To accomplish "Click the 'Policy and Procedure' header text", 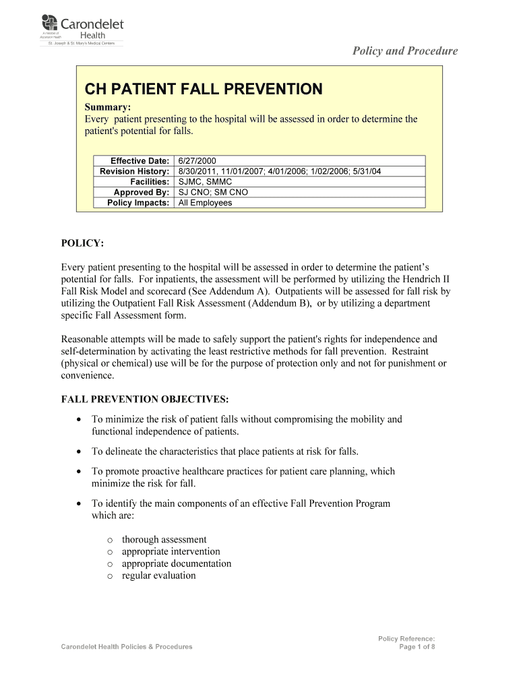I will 406,51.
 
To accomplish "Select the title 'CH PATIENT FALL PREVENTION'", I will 203,89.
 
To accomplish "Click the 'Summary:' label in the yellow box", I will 107,107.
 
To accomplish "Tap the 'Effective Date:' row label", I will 140,161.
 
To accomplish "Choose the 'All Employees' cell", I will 205,203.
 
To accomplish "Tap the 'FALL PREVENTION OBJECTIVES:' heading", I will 145,399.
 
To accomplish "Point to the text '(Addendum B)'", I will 280,303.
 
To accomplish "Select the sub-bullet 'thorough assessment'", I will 164,539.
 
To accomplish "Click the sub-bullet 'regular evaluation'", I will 158,575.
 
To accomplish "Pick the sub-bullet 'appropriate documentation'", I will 176,563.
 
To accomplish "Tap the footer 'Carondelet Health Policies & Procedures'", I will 127,647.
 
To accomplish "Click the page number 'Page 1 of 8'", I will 417,647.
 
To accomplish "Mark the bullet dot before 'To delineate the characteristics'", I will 79,451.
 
